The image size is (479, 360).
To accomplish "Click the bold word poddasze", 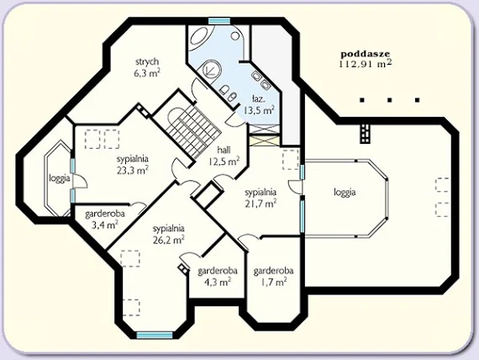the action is click(366, 54).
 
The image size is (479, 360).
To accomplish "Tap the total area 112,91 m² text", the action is click(365, 63).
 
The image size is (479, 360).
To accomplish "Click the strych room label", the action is click(147, 61).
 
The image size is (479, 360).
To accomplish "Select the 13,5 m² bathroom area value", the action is click(259, 110).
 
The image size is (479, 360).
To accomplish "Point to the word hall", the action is click(224, 150).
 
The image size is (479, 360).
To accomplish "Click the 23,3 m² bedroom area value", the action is click(133, 170).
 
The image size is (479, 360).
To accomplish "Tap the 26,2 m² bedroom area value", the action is click(169, 240).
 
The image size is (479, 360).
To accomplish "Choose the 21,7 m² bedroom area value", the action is click(261, 203).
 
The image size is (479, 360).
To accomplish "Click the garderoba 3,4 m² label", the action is click(105, 220).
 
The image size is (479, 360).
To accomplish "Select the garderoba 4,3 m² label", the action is click(218, 276).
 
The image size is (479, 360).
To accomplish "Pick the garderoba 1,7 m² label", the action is click(273, 276).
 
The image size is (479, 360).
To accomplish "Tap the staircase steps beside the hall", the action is click(193, 130).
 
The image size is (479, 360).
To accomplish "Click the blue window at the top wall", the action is click(219, 21).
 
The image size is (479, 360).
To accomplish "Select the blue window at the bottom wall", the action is click(155, 336).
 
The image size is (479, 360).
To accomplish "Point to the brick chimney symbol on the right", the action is click(366, 134).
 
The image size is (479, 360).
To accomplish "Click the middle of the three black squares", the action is click(389, 100).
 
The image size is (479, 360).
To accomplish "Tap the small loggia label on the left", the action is click(60, 178).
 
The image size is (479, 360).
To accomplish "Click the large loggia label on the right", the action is click(345, 192).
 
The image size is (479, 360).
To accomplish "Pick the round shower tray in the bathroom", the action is click(210, 70).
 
